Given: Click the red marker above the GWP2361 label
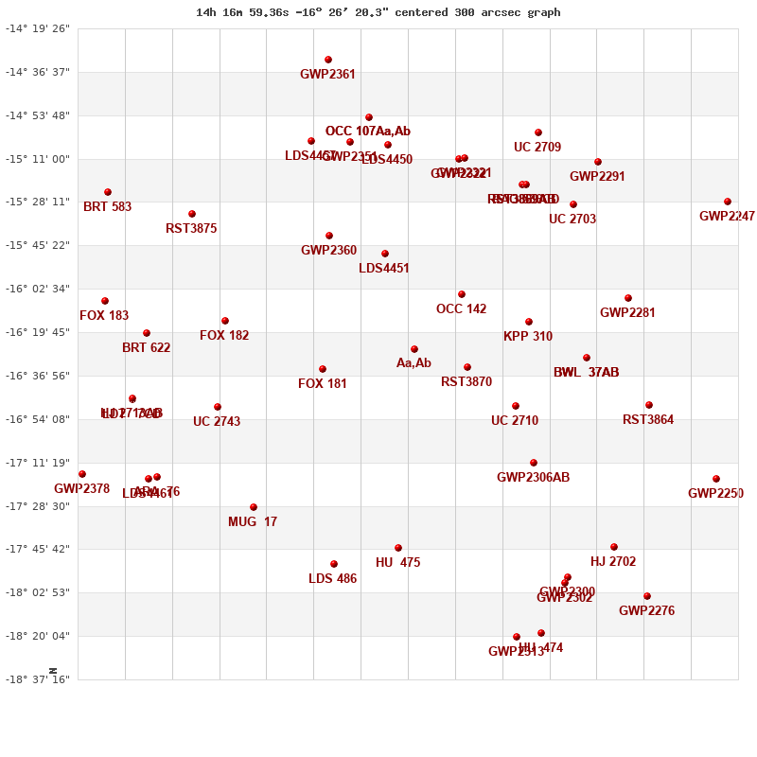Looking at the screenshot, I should [x=328, y=60].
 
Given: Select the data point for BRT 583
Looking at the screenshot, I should [x=108, y=192].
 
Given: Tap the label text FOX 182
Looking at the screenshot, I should [x=224, y=336].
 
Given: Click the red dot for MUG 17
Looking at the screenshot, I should [x=254, y=507].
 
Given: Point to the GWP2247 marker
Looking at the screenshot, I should [x=728, y=202].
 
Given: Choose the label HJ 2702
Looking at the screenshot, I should [x=613, y=562].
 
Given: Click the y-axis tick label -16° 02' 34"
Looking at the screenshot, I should [x=38, y=289].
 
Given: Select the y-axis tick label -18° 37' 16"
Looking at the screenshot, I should [x=38, y=679].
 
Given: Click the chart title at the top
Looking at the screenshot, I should [x=378, y=12].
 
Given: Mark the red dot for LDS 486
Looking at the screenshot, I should [x=334, y=564].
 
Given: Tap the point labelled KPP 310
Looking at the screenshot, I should [x=529, y=322].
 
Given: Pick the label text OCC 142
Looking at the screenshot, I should [x=462, y=309].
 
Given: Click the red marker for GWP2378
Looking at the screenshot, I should [x=82, y=474].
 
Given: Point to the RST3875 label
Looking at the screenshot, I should [x=191, y=229].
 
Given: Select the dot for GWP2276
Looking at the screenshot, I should [x=647, y=596].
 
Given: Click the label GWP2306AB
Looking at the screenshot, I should [x=534, y=478].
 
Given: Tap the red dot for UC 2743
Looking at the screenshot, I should [x=218, y=407].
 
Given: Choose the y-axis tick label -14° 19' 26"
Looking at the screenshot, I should [x=38, y=28].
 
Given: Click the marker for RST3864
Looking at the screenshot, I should [x=649, y=405].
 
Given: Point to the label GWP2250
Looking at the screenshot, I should [x=715, y=494].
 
